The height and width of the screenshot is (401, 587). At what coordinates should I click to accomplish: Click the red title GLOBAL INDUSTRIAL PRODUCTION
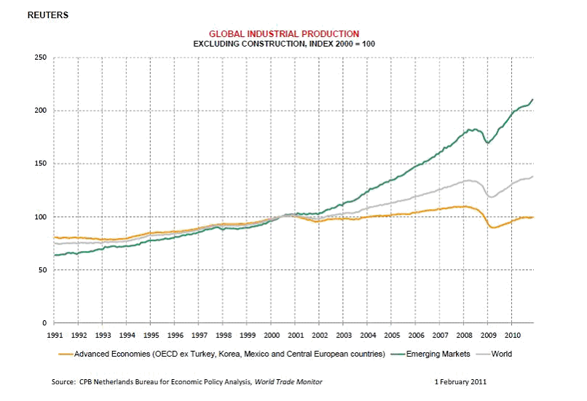click(284, 33)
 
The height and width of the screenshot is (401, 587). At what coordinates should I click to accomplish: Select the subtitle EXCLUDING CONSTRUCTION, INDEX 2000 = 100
click(284, 44)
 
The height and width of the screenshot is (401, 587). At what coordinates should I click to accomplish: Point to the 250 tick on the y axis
click(41, 57)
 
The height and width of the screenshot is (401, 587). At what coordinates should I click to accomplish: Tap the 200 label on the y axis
click(41, 111)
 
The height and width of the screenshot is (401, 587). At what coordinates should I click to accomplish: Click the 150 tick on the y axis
click(41, 164)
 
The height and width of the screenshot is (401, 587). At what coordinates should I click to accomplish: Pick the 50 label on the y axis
click(42, 270)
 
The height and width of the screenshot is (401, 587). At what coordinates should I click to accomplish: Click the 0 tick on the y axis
click(44, 323)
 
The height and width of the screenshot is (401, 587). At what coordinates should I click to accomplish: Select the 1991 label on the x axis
click(55, 336)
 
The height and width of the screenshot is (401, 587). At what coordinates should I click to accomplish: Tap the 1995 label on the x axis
click(151, 336)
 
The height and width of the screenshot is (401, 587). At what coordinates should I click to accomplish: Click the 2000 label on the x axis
click(271, 336)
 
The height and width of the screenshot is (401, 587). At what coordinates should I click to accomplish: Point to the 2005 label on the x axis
click(391, 336)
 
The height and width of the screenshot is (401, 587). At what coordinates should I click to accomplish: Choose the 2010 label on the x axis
click(511, 336)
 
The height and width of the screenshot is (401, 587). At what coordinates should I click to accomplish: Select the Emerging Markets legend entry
click(437, 354)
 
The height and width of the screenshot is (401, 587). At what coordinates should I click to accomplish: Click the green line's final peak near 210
click(533, 100)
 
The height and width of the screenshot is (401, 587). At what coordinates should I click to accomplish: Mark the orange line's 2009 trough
click(494, 228)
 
